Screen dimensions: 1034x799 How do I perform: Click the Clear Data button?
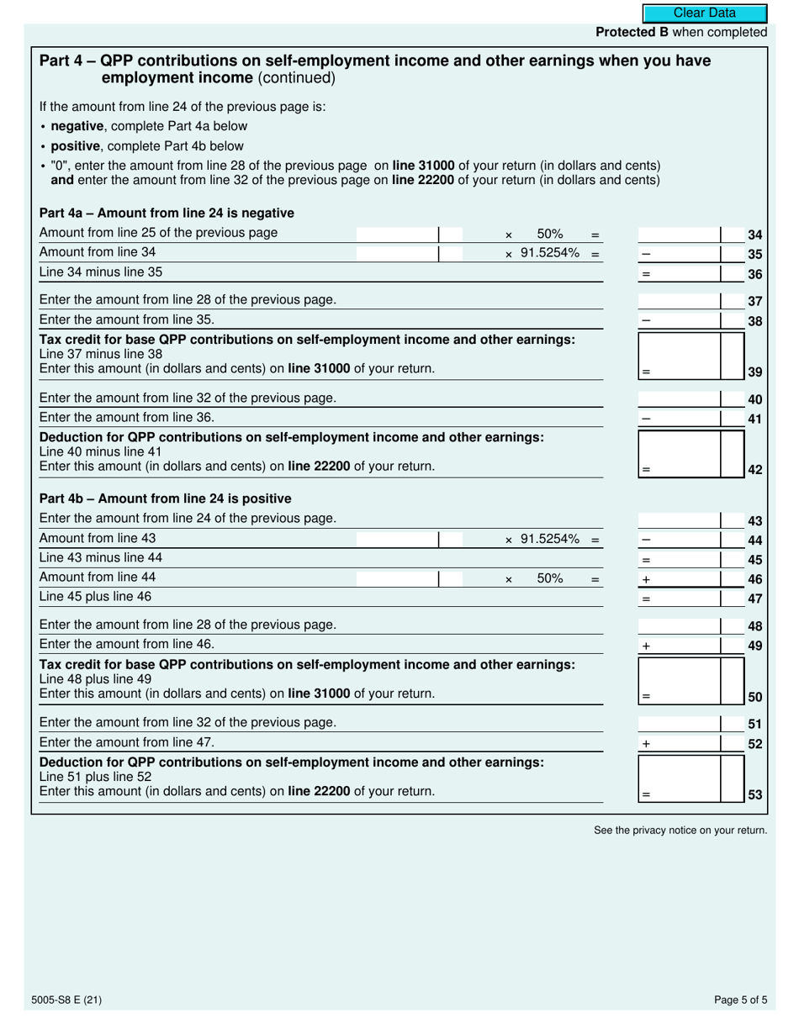(x=705, y=13)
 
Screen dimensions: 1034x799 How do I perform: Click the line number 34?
(x=754, y=235)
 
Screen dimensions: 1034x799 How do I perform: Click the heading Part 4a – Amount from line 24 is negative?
(x=167, y=213)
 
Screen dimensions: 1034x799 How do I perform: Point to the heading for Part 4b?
(x=166, y=499)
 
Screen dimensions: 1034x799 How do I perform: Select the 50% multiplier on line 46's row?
(x=549, y=578)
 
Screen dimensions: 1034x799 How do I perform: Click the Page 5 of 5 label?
(x=740, y=1000)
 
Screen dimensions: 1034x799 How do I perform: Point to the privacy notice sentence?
(x=680, y=831)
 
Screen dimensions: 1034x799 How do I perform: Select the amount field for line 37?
(x=680, y=301)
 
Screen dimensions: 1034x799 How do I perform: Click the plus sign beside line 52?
(x=646, y=744)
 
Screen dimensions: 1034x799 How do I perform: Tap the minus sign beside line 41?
(x=646, y=419)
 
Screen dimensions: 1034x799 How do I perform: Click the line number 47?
(x=754, y=599)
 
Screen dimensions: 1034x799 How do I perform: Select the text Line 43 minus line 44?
(x=101, y=557)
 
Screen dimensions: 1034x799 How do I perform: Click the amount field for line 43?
(x=680, y=520)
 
